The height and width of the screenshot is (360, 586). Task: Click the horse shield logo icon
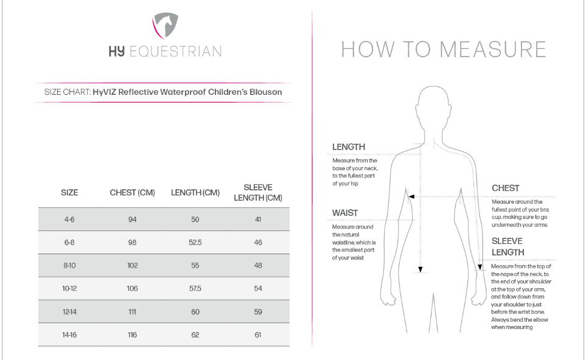tap(164, 26)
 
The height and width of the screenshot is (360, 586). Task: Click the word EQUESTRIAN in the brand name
tap(175, 52)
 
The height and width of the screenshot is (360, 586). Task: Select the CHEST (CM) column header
tap(132, 193)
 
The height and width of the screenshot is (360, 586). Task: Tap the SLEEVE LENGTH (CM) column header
tap(257, 192)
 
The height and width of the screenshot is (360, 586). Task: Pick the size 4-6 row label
tap(69, 220)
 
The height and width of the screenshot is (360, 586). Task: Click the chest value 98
tap(133, 242)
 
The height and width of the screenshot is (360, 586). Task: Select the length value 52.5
tap(195, 242)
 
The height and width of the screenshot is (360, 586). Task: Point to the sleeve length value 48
tap(257, 265)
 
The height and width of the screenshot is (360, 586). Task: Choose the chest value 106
tap(133, 288)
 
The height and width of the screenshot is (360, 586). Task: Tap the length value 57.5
tap(195, 288)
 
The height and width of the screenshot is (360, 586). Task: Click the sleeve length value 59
tap(257, 311)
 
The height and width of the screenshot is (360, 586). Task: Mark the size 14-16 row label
tap(69, 334)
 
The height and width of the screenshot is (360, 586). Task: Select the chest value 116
tap(133, 334)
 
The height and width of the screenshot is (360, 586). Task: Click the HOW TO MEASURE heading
tap(444, 50)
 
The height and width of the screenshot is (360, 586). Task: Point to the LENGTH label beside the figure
tap(349, 147)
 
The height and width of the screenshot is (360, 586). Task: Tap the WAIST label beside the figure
tap(345, 213)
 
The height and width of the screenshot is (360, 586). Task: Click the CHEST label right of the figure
tap(505, 189)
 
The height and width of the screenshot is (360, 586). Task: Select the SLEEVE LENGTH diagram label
tap(508, 246)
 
